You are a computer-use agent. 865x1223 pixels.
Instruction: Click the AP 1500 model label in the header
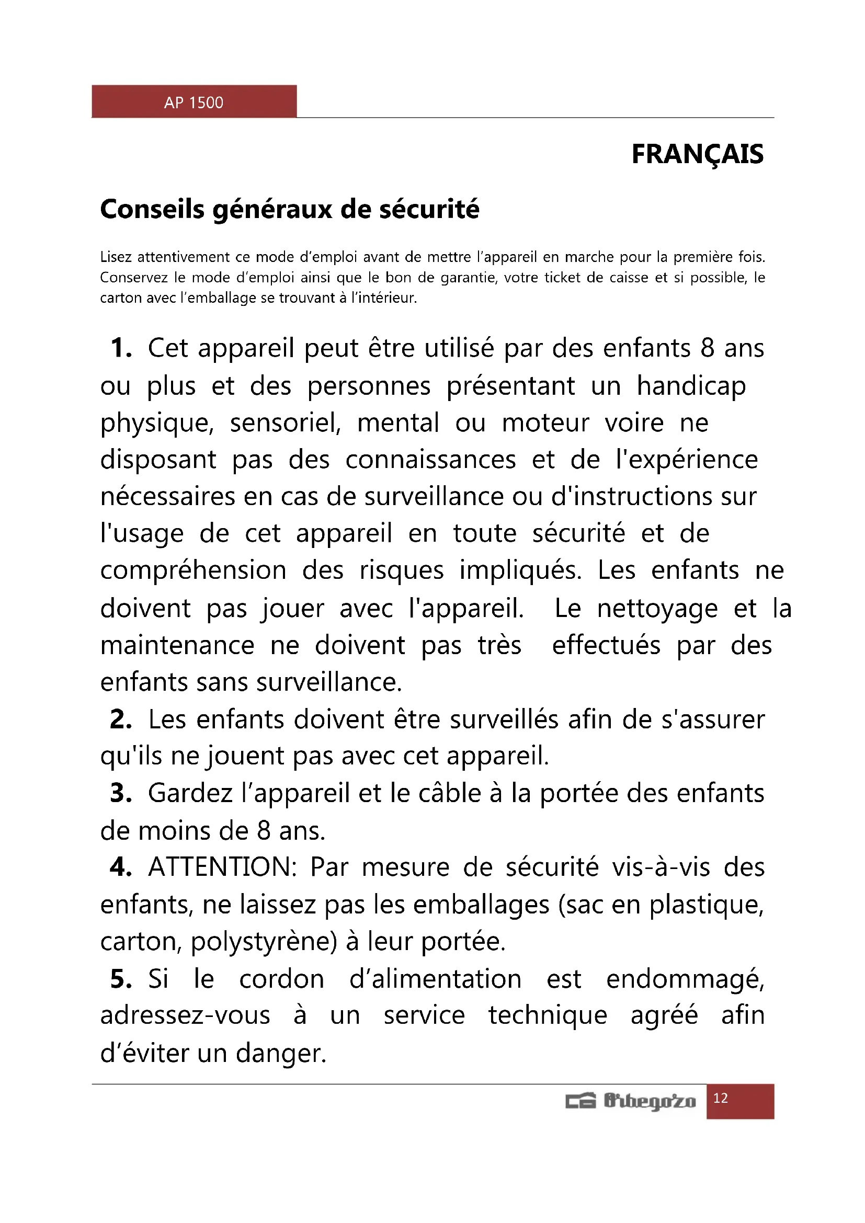(x=194, y=102)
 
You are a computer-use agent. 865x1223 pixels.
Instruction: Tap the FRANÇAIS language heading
(x=697, y=154)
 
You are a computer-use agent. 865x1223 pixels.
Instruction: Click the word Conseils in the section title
(x=152, y=209)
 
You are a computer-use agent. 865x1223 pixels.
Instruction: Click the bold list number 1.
(x=121, y=348)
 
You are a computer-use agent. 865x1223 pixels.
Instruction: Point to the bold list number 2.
(x=121, y=719)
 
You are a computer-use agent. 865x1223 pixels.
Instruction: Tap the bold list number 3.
(x=121, y=793)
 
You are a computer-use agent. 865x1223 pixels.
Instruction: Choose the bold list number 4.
(x=121, y=867)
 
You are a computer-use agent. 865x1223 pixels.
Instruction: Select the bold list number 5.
(x=121, y=979)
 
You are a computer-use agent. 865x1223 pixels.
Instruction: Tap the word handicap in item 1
(x=691, y=386)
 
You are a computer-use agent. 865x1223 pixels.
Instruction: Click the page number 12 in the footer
(x=720, y=1098)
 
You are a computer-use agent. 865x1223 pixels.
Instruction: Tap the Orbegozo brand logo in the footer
(x=631, y=1101)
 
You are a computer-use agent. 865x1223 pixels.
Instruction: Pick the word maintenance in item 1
(x=177, y=646)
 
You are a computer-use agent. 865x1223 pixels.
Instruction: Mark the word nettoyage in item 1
(x=657, y=609)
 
